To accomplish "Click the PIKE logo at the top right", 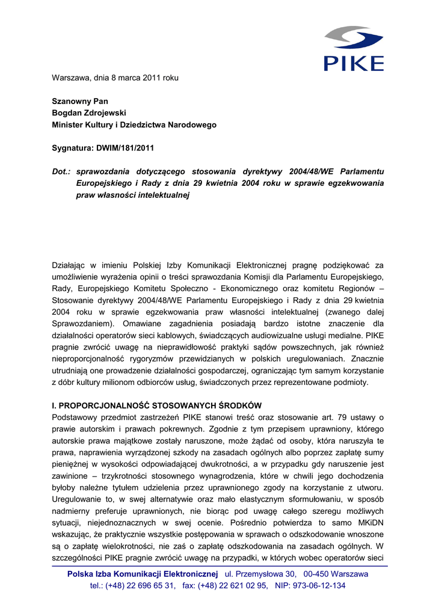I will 354,48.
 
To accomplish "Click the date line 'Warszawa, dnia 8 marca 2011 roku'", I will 115,78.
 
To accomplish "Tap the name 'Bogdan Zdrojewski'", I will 89,112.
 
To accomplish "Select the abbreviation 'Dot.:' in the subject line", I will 61,171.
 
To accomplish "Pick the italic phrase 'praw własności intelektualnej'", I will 132,195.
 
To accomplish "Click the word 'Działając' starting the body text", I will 69,265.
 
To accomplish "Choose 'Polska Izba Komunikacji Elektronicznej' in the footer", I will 143,574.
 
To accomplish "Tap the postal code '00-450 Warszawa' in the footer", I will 336,574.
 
